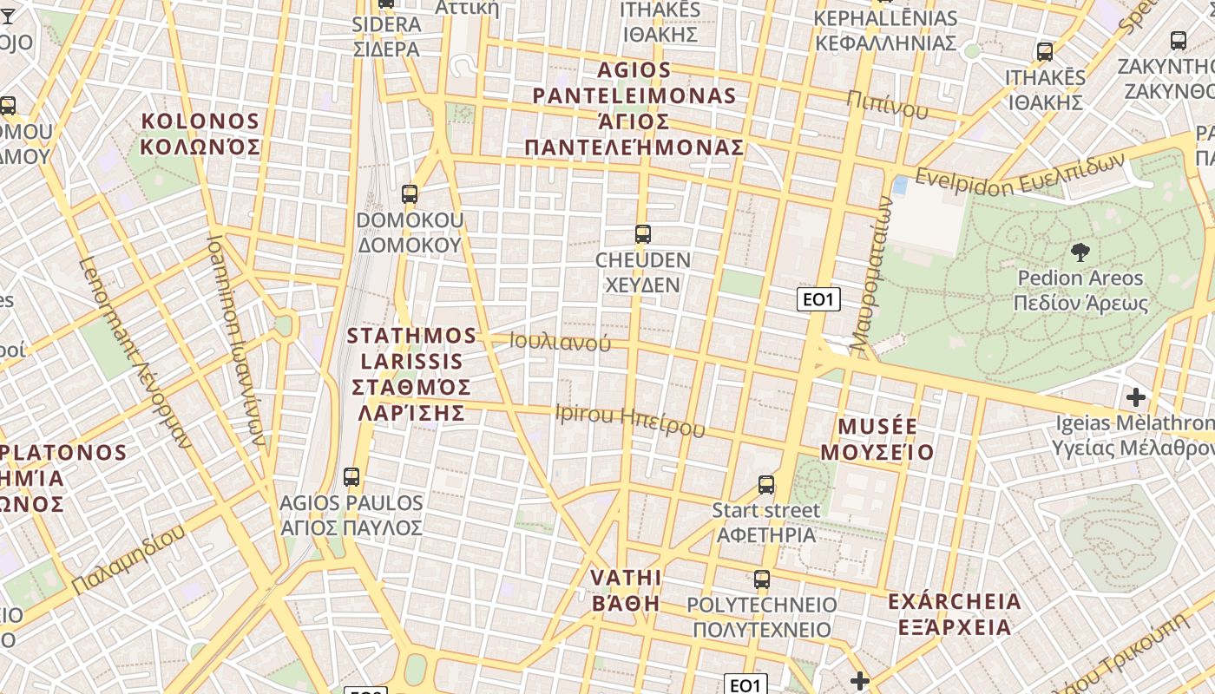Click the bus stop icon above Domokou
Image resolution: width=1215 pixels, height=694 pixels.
410,194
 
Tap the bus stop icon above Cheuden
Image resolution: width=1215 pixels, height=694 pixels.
642,233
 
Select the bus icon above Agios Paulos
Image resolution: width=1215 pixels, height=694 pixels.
351,476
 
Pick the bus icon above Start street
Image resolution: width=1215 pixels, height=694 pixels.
765,484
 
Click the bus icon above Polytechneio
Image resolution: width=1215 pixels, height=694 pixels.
761,579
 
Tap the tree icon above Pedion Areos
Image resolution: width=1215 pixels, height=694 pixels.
1080,252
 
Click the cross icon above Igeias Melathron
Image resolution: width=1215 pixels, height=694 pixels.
1135,397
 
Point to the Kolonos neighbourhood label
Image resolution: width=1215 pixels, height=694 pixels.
200,134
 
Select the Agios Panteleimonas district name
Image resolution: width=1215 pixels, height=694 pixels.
634,108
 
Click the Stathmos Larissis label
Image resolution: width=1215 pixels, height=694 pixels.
411,373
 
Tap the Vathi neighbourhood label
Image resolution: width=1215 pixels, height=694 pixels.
625,590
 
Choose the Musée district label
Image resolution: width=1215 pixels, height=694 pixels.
877,439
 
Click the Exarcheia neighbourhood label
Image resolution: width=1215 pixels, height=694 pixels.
954,613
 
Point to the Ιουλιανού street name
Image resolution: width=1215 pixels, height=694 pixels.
560,342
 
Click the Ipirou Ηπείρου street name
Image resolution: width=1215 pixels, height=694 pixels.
629,420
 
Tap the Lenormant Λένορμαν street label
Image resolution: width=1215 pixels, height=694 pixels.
135,352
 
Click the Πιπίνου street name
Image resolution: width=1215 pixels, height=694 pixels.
887,104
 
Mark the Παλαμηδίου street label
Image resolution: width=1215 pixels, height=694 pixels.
128,560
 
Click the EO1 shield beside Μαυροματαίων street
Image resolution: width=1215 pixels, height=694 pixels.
818,300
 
